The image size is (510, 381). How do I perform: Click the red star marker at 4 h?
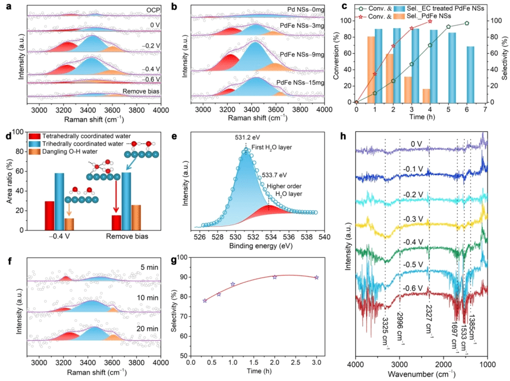[x=430, y=21]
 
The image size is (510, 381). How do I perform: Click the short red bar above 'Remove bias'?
[x=116, y=222]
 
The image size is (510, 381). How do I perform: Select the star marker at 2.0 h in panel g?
[x=275, y=276]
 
